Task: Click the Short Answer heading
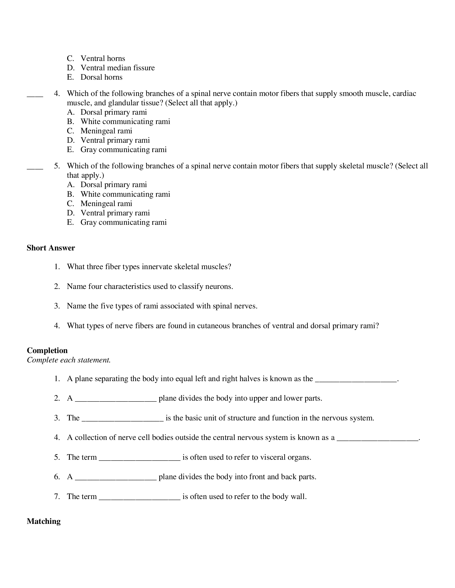[x=51, y=248]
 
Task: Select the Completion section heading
[x=47, y=350]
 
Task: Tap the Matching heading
[x=44, y=521]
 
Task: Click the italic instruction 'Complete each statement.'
[x=69, y=360]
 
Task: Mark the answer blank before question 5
[x=35, y=167]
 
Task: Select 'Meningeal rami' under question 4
[x=106, y=131]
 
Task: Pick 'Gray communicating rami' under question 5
[x=123, y=222]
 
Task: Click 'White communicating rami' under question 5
[x=125, y=194]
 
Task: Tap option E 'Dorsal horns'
[x=101, y=77]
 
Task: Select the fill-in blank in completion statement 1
[x=356, y=379]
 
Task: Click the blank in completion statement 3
[x=122, y=418]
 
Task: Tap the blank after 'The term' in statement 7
[x=139, y=497]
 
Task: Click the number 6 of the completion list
[x=56, y=477]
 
